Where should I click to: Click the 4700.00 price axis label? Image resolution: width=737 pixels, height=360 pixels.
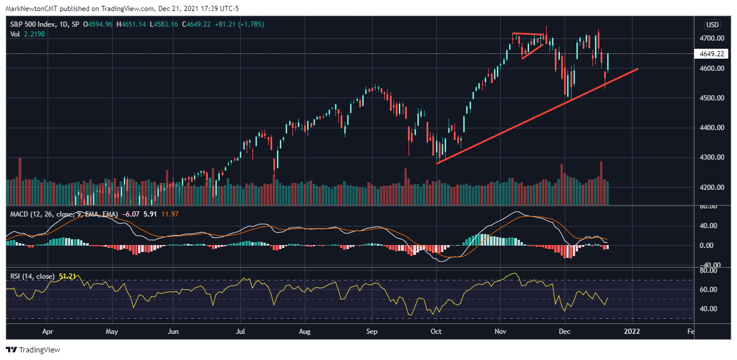pos(711,38)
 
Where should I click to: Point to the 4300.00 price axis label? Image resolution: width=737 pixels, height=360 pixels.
pos(711,157)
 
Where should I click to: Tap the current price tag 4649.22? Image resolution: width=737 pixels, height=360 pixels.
pos(712,54)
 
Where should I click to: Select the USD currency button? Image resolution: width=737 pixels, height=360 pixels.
pos(712,25)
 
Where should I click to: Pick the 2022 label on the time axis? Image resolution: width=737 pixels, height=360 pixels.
pos(631,332)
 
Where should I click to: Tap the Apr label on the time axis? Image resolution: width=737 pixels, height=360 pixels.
pos(48,332)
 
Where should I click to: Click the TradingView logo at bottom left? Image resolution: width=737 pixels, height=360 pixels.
pos(33,350)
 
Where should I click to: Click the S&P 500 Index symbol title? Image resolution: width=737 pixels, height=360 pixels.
pos(35,24)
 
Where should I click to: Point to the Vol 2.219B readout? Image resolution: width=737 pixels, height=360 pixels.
pos(28,34)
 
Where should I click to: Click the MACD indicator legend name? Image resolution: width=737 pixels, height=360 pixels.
pos(22,214)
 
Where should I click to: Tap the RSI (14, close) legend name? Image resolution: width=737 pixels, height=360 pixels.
pos(32,276)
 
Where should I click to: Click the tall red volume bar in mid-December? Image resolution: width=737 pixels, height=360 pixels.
pos(601,182)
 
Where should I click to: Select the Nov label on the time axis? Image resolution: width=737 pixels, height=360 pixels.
pos(501,332)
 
